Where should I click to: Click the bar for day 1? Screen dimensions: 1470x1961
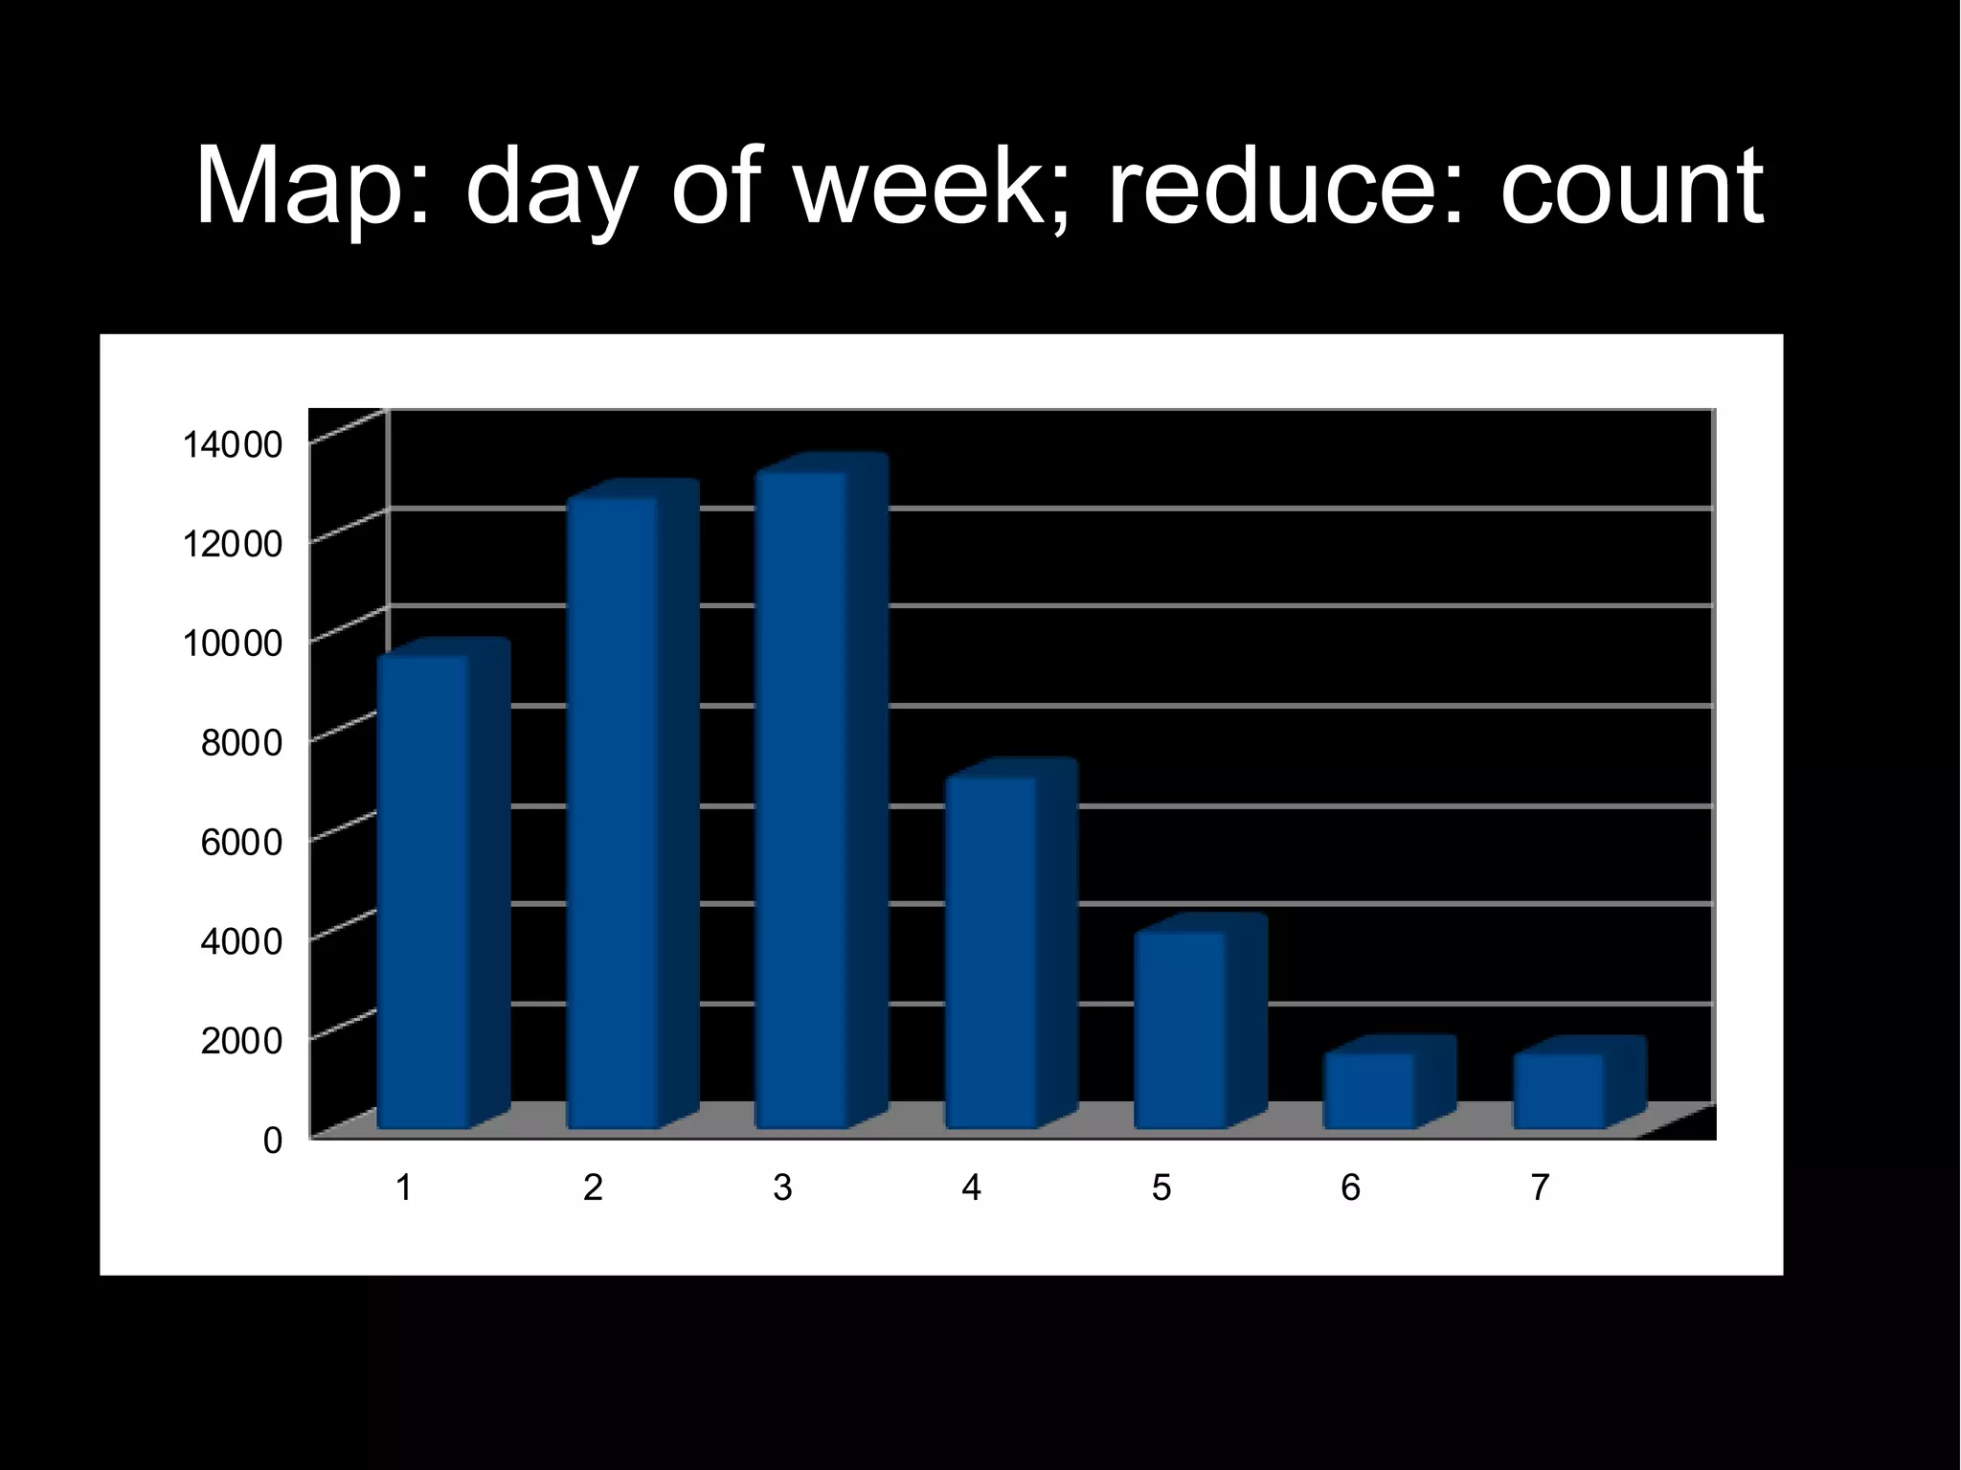423,891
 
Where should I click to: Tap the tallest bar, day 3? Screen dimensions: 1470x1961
802,799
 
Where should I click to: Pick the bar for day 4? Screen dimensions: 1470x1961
992,952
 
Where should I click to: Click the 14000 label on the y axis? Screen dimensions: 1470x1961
233,444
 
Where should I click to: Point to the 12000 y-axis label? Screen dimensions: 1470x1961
233,544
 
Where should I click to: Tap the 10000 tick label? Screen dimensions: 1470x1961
233,643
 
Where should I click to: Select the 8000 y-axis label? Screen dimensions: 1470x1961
241,742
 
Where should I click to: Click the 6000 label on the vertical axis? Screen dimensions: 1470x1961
241,842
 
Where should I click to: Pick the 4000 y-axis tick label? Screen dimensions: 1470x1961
241,940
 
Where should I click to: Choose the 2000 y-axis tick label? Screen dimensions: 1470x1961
241,1040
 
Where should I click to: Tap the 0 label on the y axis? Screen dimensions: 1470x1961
273,1140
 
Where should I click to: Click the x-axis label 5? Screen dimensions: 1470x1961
1161,1188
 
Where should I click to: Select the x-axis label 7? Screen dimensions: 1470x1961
1540,1188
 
